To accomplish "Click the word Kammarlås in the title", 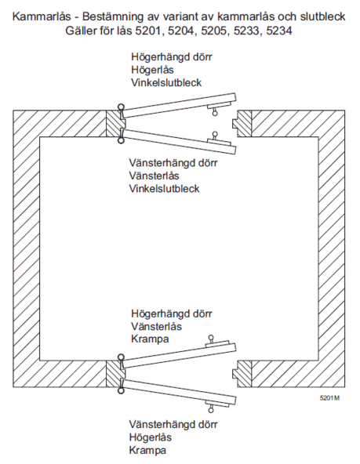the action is click(x=42, y=16).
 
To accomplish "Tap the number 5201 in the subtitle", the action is click(x=147, y=31).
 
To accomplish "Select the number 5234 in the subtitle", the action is click(x=279, y=31).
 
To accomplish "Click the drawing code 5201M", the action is click(x=329, y=397).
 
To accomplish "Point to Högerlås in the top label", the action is click(x=152, y=70).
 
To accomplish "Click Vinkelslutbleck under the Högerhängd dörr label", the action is click(x=166, y=82).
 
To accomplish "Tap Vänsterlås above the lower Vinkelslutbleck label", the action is click(x=154, y=176).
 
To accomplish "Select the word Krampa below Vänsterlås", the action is click(x=150, y=339).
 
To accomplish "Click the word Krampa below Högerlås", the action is click(x=147, y=451).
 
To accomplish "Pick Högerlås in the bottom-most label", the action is click(x=150, y=437).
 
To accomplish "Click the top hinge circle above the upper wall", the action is click(x=121, y=107).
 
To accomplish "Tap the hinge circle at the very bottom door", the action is click(x=121, y=391).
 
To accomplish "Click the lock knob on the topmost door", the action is click(x=215, y=112).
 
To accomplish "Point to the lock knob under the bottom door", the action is click(x=211, y=409).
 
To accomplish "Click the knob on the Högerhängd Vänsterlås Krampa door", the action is click(x=211, y=338).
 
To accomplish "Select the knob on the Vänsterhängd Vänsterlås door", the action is click(x=215, y=135).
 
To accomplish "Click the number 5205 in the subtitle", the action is click(x=213, y=31).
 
